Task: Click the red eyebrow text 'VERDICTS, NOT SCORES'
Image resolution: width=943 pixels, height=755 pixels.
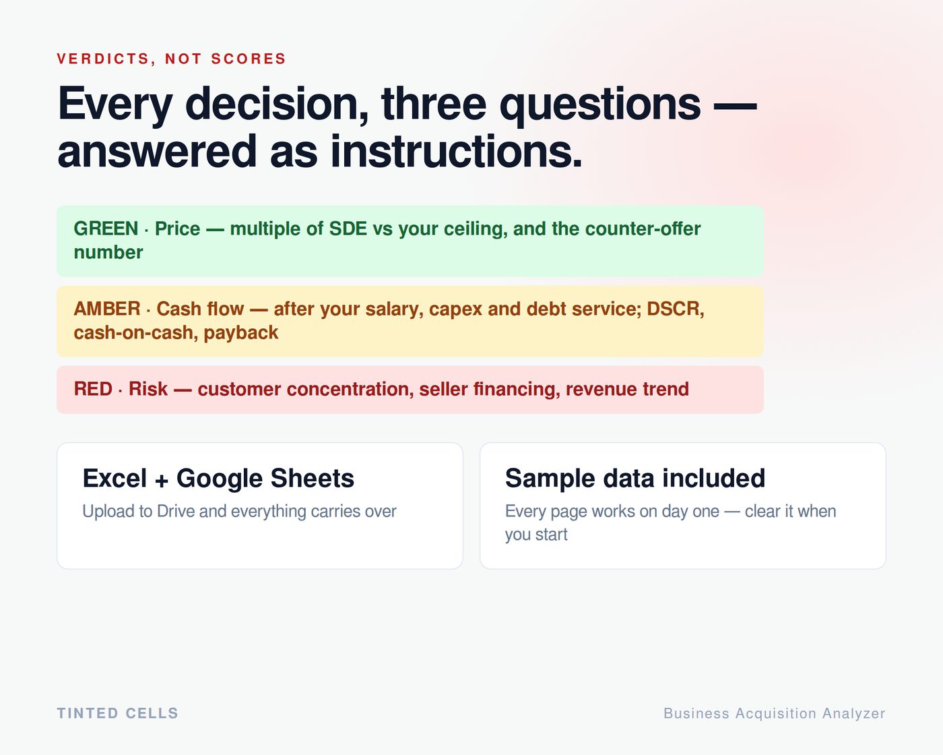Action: (171, 59)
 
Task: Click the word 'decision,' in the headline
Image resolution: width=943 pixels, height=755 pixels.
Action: (277, 105)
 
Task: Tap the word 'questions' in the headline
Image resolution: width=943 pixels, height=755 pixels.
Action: (600, 106)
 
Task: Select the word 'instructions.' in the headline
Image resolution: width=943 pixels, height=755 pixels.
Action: (456, 152)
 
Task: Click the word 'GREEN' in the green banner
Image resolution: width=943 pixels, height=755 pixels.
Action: (106, 229)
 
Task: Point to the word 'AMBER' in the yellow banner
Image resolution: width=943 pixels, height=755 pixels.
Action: (107, 309)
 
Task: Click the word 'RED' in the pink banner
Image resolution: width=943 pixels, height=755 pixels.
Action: (93, 389)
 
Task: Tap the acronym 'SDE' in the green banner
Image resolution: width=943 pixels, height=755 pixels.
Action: (348, 229)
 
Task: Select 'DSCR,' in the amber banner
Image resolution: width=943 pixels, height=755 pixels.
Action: (676, 309)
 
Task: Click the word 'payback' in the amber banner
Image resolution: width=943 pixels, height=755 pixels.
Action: (241, 333)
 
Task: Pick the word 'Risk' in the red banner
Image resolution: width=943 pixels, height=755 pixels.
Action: (148, 389)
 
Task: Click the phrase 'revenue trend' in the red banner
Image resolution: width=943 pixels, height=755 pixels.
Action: (627, 389)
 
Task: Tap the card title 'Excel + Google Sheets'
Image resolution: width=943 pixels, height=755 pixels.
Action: (218, 478)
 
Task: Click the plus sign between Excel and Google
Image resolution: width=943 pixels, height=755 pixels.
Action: (162, 481)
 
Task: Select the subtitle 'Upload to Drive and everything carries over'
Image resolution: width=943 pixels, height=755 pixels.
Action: (239, 512)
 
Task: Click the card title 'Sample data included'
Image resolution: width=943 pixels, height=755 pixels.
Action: (635, 478)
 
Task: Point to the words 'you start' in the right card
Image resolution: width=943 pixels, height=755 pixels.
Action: (536, 535)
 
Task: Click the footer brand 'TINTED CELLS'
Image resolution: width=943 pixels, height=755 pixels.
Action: (117, 713)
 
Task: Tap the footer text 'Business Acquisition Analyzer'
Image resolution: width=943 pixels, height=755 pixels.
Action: (775, 714)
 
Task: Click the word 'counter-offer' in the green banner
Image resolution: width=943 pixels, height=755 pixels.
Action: (643, 229)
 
